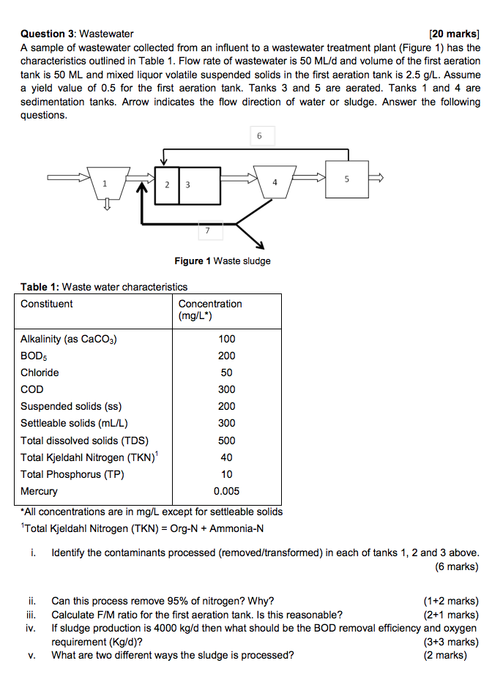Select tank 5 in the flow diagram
(348, 179)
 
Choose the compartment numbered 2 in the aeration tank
(168, 185)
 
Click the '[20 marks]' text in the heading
(455, 34)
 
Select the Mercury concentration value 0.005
(226, 491)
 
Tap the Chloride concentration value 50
(226, 373)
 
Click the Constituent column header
(47, 304)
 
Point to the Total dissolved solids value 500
(226, 441)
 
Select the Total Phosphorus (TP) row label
(72, 474)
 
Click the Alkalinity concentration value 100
(226, 339)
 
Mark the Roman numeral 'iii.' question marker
(31, 615)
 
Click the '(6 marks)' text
(457, 566)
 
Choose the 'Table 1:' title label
(40, 287)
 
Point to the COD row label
(32, 389)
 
